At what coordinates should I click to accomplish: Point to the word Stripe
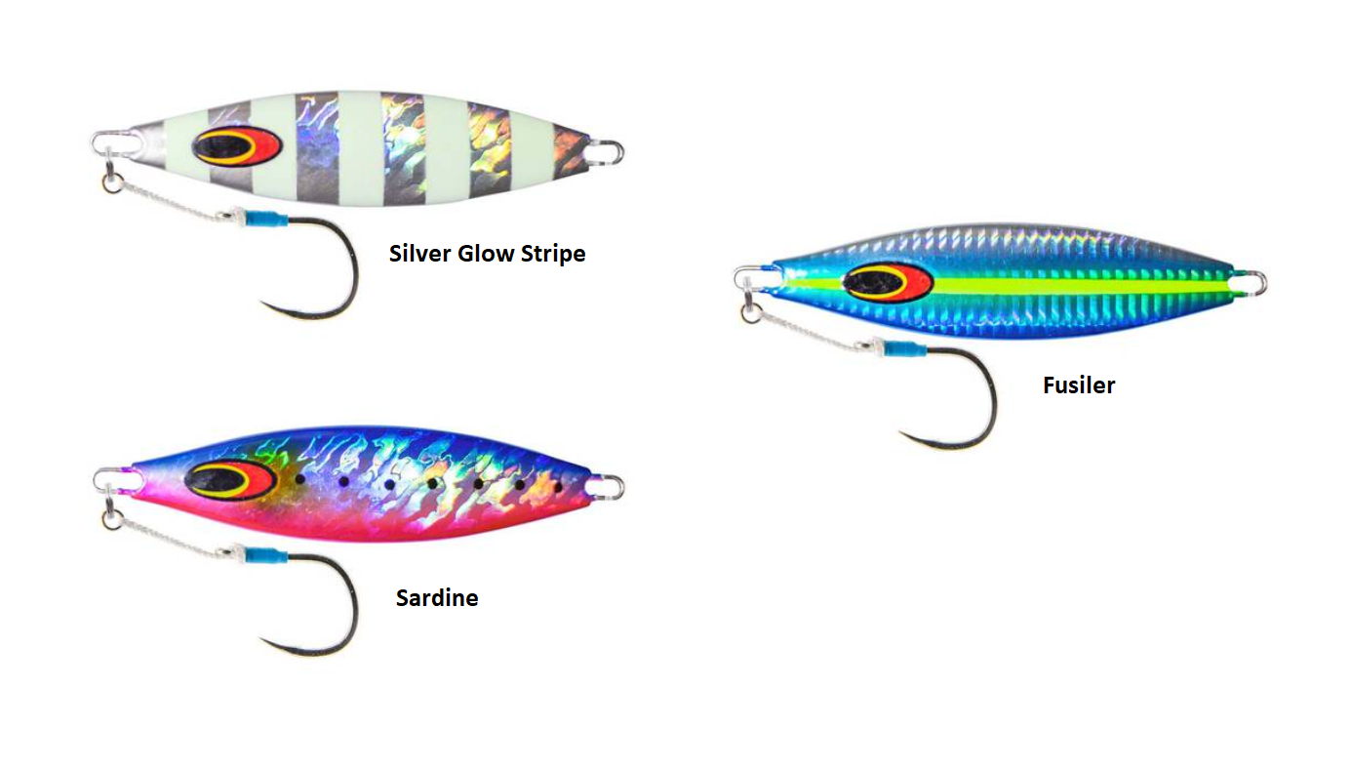[x=552, y=254]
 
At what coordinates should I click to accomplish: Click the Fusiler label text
[x=1078, y=384]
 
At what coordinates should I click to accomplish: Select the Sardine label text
[x=436, y=597]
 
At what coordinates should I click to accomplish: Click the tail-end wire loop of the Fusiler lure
[x=1254, y=284]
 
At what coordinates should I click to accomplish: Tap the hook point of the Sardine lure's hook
[x=262, y=639]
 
